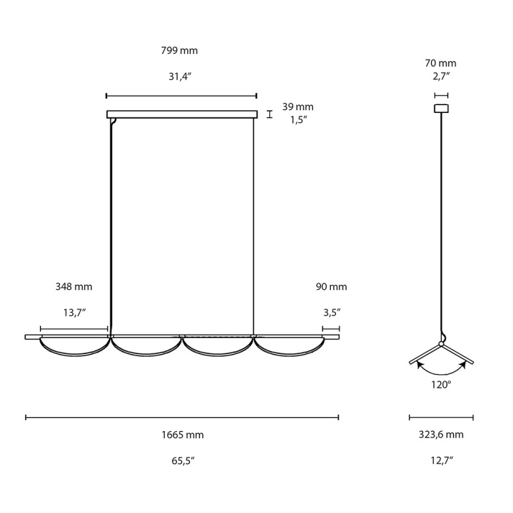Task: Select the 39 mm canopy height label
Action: point(298,107)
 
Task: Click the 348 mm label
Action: point(74,287)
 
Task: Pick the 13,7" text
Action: point(74,312)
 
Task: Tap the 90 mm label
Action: point(331,287)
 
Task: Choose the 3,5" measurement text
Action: point(331,312)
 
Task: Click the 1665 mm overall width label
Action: point(182,435)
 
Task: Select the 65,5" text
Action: point(182,460)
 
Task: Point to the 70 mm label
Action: point(441,63)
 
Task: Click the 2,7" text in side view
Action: point(441,76)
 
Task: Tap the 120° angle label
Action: point(441,385)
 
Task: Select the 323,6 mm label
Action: point(441,435)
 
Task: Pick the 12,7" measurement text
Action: point(441,460)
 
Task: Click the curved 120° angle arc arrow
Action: point(441,373)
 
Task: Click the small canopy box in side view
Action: point(441,108)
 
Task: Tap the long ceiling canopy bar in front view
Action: point(181,114)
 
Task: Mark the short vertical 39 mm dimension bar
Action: point(270,114)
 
